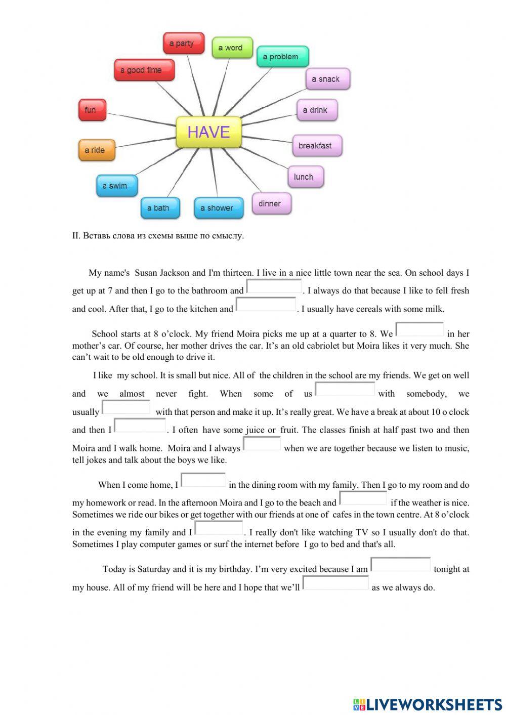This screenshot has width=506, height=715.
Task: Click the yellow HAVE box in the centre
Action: pyautogui.click(x=208, y=132)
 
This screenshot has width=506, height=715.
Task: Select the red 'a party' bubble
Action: pyautogui.click(x=183, y=44)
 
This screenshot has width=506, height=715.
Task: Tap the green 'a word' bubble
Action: pyautogui.click(x=232, y=48)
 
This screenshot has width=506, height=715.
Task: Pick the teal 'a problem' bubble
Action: pyautogui.click(x=282, y=57)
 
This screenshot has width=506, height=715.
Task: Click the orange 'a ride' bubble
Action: pyautogui.click(x=96, y=150)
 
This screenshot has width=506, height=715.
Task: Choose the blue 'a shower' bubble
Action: pyautogui.click(x=218, y=208)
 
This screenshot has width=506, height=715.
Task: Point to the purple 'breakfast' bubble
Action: pyautogui.click(x=317, y=146)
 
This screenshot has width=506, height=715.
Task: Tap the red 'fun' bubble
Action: pyautogui.click(x=92, y=110)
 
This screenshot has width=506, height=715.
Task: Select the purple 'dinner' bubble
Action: pyautogui.click(x=271, y=203)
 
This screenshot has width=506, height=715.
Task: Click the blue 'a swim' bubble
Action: pyautogui.click(x=116, y=186)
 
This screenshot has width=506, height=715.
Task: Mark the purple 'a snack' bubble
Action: pyautogui.click(x=327, y=79)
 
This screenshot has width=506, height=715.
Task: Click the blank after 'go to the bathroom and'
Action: pyautogui.click(x=274, y=287)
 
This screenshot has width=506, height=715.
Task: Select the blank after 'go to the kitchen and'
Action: pyautogui.click(x=266, y=305)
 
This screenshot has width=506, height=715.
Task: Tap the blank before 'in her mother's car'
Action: pyautogui.click(x=419, y=330)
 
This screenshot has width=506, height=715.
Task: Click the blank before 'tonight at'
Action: pyautogui.click(x=400, y=565)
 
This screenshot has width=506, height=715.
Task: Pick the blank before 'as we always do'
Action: pyautogui.click(x=335, y=583)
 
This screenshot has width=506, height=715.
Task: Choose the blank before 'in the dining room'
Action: pyautogui.click(x=203, y=481)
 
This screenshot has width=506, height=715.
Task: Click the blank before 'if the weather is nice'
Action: pyautogui.click(x=363, y=499)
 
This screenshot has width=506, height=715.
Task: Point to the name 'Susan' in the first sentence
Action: pyautogui.click(x=146, y=273)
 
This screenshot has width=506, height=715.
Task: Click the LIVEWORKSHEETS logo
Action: pyautogui.click(x=428, y=704)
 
